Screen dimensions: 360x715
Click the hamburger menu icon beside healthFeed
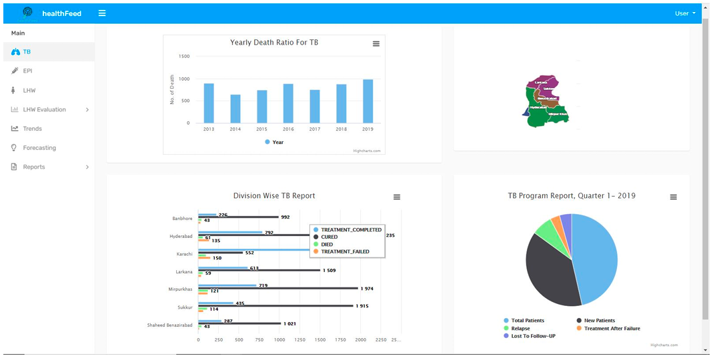101,13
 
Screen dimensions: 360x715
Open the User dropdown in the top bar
685,13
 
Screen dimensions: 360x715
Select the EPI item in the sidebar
27,71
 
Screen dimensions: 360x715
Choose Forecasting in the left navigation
39,148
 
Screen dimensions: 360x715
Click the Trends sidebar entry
32,129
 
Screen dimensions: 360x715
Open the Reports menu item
33,167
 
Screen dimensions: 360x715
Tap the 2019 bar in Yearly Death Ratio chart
368,101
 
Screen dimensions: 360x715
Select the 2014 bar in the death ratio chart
235,109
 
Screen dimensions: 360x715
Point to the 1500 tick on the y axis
183,57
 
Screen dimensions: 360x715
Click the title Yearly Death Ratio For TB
274,43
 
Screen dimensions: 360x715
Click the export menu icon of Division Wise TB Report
397,197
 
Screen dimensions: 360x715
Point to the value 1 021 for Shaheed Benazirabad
289,324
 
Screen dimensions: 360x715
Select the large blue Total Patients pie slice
594,257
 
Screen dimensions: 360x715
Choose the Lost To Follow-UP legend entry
533,336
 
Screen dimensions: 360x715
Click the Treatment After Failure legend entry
612,328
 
